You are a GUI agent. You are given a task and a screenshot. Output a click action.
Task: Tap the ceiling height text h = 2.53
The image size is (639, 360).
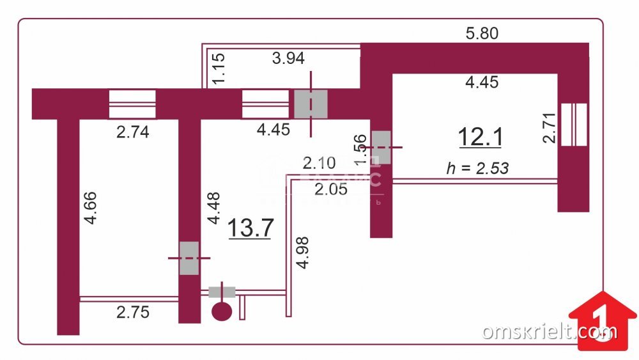tap(479, 168)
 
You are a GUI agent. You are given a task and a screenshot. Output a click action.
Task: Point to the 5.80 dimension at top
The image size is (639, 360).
tap(482, 33)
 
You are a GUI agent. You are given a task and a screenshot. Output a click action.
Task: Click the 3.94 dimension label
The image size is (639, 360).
tap(288, 58)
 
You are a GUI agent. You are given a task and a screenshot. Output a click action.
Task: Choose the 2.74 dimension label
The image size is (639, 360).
tap(132, 133)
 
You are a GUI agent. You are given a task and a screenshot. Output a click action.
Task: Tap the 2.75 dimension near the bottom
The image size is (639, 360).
tap(133, 313)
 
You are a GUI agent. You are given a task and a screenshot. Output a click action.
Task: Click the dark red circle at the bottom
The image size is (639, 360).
tap(222, 311)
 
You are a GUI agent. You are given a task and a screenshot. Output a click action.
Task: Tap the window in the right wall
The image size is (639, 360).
tap(573, 124)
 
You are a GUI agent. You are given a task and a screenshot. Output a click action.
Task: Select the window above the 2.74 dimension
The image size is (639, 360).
tap(132, 104)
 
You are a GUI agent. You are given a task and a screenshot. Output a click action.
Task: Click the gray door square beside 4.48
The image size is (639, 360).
tap(189, 258)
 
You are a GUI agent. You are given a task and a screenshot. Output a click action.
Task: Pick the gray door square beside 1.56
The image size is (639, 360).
tap(381, 147)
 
